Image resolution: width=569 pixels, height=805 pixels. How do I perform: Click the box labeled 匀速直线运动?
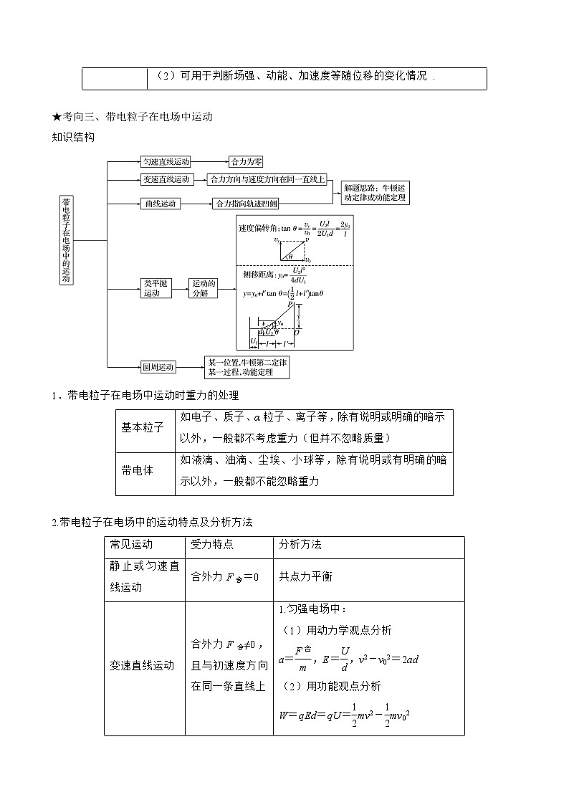(166, 162)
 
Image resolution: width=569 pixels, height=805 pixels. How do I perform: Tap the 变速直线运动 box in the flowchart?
(166, 179)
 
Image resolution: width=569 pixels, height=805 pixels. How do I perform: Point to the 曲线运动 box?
(161, 204)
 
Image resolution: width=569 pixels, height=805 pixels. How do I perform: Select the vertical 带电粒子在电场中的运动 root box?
(66, 240)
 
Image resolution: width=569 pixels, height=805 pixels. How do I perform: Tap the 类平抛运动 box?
(152, 288)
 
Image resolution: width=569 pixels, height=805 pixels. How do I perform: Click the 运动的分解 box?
(203, 288)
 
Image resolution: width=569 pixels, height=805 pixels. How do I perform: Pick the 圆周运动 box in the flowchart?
(158, 367)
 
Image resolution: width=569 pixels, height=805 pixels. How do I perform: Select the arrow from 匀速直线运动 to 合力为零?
(209, 162)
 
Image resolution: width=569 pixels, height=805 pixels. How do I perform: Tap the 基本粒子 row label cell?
(143, 427)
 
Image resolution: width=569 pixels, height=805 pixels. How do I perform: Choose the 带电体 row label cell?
(143, 471)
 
